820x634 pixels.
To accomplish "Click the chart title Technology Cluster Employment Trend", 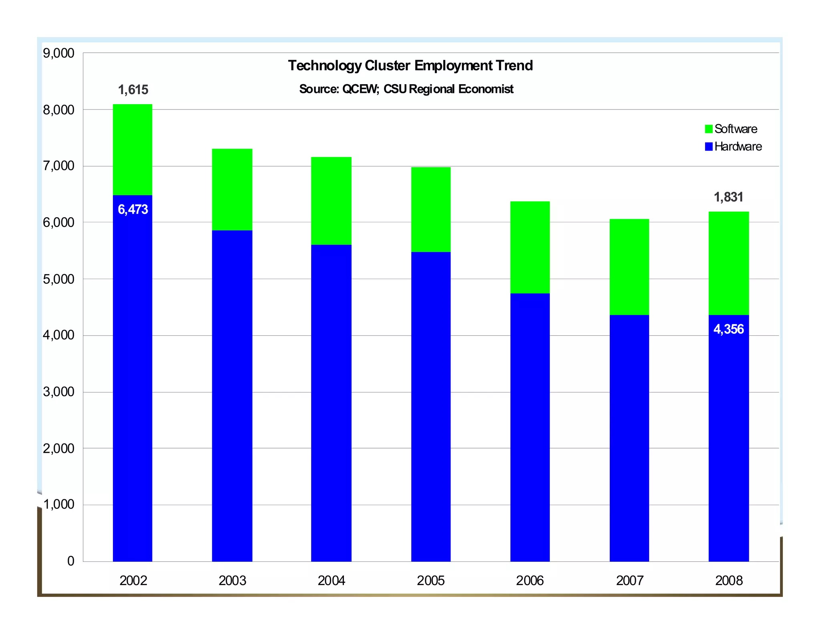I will coord(410,66).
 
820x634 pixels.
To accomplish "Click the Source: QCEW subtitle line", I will coord(406,89).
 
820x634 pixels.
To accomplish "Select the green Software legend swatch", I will coord(708,129).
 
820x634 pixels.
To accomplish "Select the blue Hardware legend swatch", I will coord(708,147).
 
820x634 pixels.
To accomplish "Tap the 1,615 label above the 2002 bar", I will coord(133,90).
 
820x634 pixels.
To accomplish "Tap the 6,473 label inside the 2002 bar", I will coord(133,209).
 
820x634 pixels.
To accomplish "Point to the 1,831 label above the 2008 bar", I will coord(728,197).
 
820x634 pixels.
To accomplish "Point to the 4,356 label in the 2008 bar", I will coord(728,329).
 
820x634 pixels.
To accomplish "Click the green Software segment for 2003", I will coord(232,190).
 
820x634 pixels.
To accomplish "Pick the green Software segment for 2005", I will coord(430,210).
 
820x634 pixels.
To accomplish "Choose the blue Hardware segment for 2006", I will coord(530,427).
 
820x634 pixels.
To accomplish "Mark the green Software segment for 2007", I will coord(629,267).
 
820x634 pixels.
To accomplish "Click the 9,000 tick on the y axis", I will coord(58,53).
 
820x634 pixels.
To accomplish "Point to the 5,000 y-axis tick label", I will coord(58,279).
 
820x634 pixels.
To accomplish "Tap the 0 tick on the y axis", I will coord(70,561).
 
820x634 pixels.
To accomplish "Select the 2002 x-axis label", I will coord(133,581).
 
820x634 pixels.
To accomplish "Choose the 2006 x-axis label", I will coord(530,581).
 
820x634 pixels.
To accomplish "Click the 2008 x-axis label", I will coord(728,581).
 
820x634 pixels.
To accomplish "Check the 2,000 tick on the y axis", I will coord(58,448).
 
